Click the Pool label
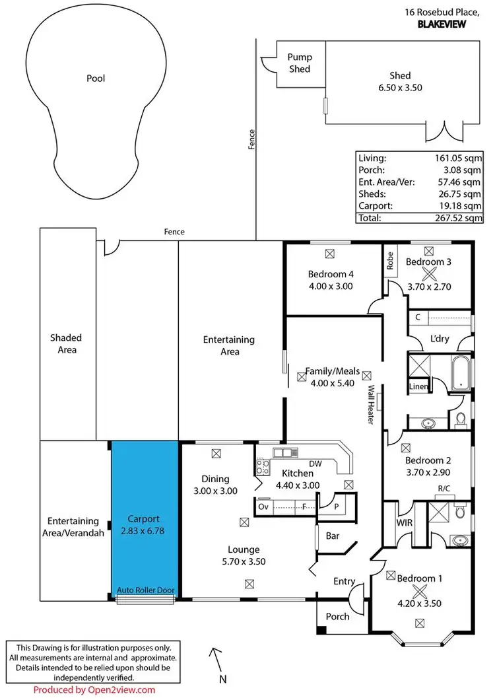[x=96, y=79]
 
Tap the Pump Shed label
[x=299, y=63]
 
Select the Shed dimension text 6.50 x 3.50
[x=400, y=87]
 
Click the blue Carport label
[x=144, y=519]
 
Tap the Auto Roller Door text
[x=145, y=590]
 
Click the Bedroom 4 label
[x=331, y=275]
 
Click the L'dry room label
[x=440, y=338]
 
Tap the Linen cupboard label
[x=418, y=386]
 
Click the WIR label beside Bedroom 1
[x=405, y=522]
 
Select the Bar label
[x=333, y=536]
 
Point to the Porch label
[x=338, y=616]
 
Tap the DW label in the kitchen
[x=315, y=464]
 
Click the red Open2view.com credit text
[x=94, y=690]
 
